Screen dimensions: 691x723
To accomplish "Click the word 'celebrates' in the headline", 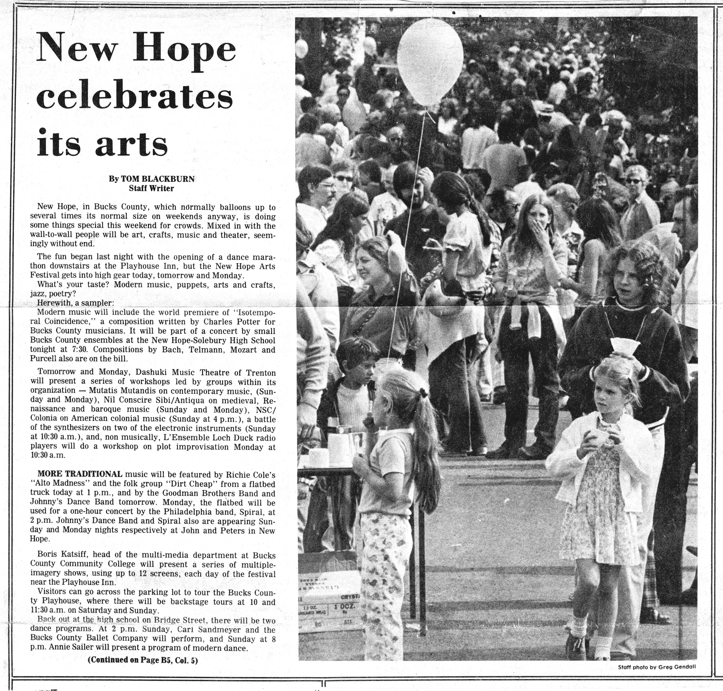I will point(135,96).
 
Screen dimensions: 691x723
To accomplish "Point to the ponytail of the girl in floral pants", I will point(427,453).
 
